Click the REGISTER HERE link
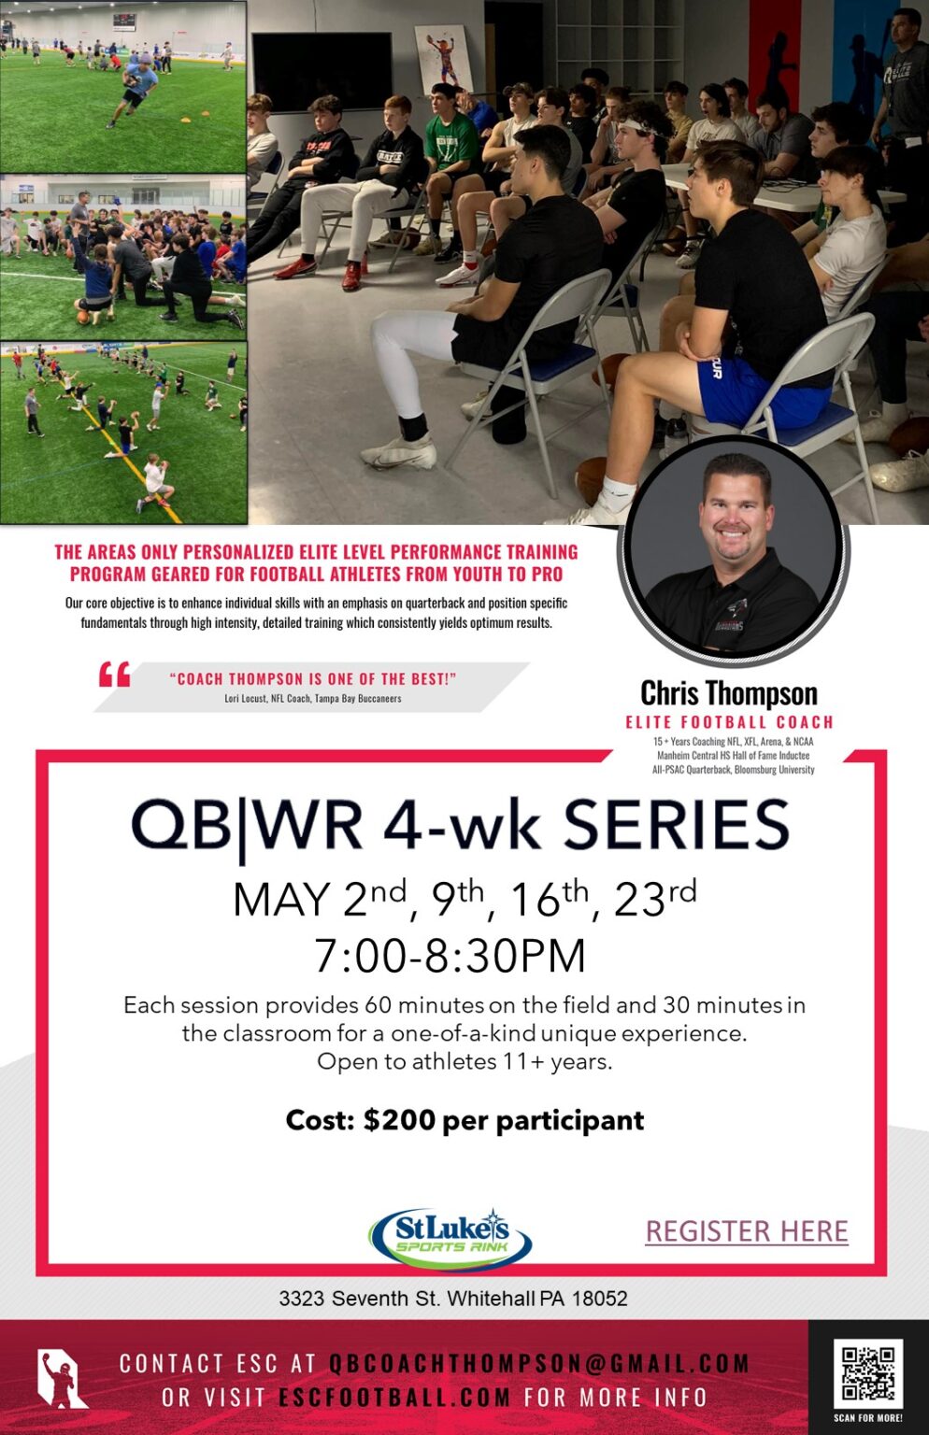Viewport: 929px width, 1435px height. (x=747, y=1231)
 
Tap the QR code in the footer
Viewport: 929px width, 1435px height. (x=868, y=1372)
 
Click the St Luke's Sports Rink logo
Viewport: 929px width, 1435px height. (x=450, y=1238)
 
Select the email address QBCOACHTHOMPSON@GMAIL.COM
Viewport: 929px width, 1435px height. (x=539, y=1363)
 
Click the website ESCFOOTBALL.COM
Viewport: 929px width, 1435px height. (x=394, y=1398)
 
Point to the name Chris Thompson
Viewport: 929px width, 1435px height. (x=729, y=693)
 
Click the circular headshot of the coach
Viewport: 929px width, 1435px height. (x=734, y=551)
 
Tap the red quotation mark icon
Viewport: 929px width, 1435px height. (x=115, y=674)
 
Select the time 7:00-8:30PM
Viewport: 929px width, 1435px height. (x=450, y=955)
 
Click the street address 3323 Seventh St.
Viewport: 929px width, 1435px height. (x=359, y=1299)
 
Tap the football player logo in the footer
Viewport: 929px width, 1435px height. (x=62, y=1378)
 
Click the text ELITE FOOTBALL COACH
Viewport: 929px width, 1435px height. (x=730, y=722)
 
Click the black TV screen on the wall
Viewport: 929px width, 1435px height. (x=322, y=70)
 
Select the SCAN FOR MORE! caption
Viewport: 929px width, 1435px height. (x=868, y=1418)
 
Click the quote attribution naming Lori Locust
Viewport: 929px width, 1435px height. (x=313, y=698)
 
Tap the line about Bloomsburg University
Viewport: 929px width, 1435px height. (x=733, y=770)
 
